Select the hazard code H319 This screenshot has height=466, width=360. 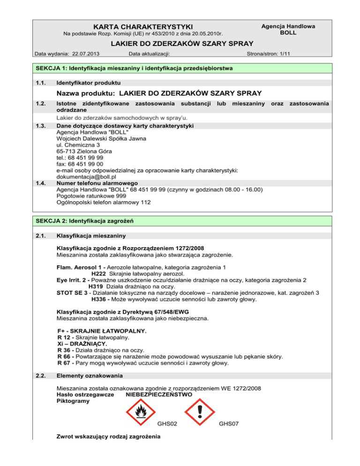click(x=96, y=286)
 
